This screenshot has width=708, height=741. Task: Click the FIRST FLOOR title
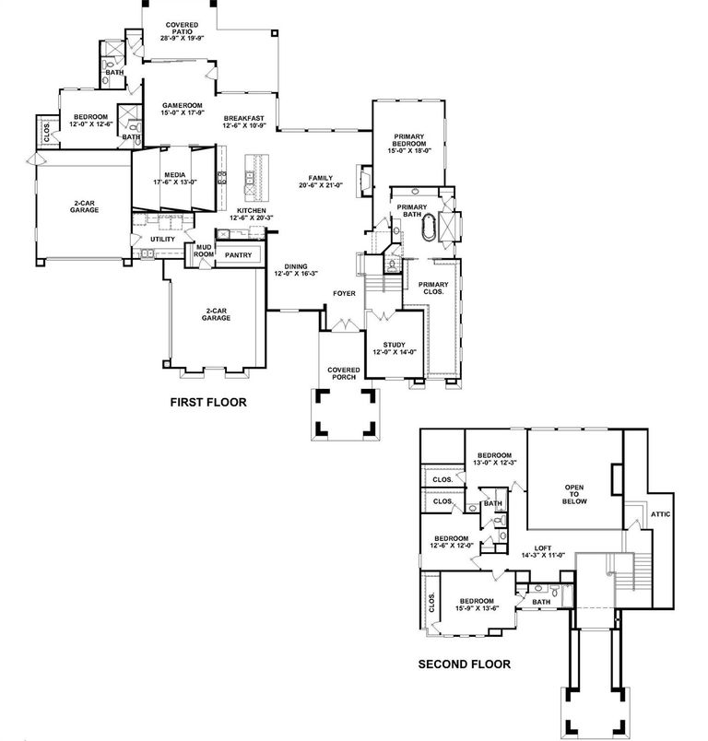(x=208, y=403)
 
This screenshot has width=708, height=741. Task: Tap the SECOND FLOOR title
(x=464, y=664)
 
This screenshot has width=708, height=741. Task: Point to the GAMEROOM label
(x=175, y=106)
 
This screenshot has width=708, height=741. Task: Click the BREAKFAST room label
(x=243, y=119)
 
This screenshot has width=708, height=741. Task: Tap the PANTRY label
(x=238, y=255)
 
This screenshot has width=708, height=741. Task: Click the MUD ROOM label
(x=204, y=252)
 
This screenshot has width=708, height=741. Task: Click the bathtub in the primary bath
(x=431, y=228)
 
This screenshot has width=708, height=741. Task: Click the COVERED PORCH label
(x=344, y=373)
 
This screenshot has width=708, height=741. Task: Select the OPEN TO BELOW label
(x=576, y=494)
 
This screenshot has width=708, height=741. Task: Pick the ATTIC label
(x=661, y=514)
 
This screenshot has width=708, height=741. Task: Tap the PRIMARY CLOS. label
(x=433, y=288)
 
